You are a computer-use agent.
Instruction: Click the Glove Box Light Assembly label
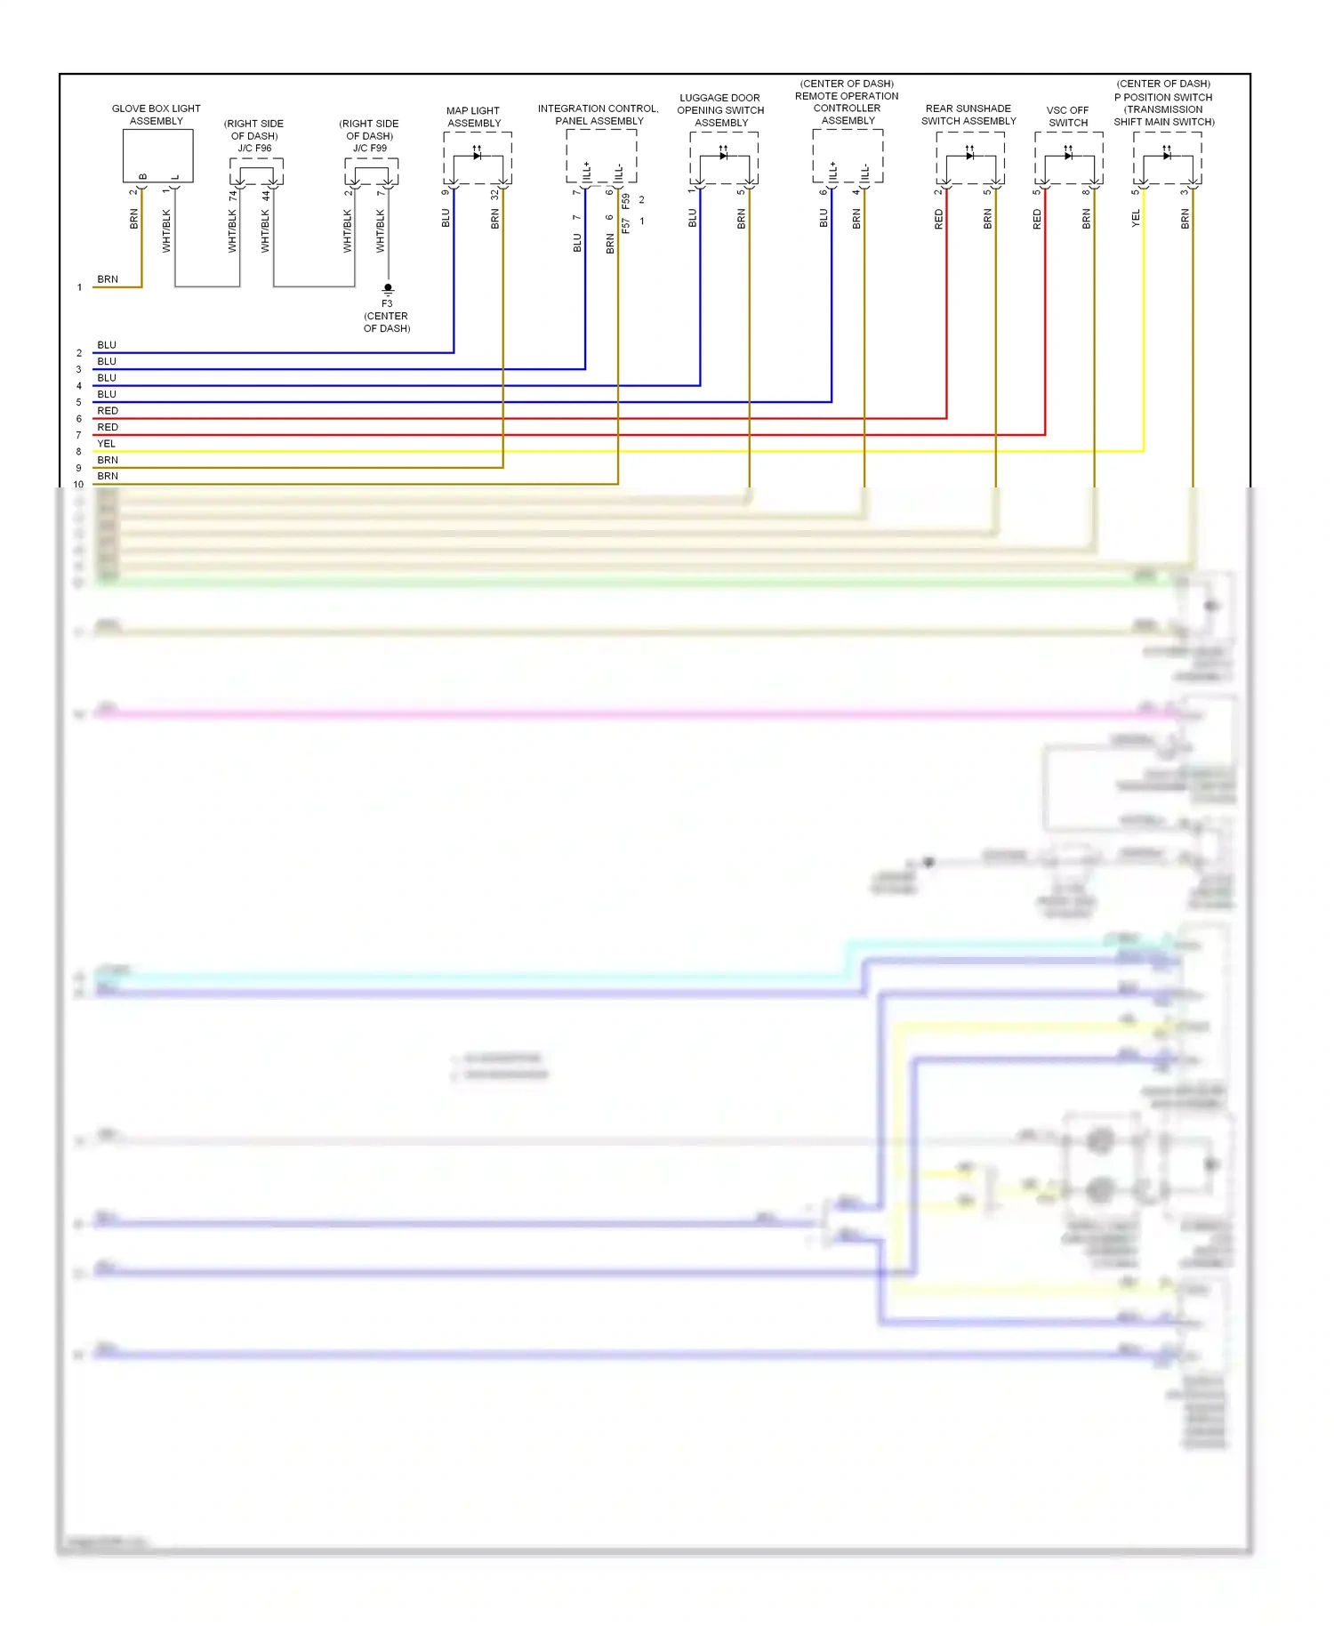[x=156, y=115]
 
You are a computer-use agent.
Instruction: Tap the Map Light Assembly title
[x=473, y=117]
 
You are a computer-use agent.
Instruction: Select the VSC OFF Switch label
[x=1067, y=117]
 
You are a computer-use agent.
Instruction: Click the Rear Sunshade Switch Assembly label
[x=968, y=115]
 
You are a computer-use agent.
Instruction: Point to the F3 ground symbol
[x=388, y=289]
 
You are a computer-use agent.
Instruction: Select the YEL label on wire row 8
[x=107, y=443]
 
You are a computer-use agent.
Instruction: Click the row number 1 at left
[x=79, y=287]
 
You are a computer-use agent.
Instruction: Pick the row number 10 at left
[x=79, y=485]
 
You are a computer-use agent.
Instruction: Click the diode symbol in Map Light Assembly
[x=477, y=156]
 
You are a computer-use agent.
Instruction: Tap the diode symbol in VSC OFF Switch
[x=1068, y=156]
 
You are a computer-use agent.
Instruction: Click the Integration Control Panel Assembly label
[x=599, y=115]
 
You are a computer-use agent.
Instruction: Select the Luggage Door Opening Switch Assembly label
[x=720, y=110]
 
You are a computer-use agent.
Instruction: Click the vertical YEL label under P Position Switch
[x=1136, y=219]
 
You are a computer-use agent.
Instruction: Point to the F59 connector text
[x=626, y=201]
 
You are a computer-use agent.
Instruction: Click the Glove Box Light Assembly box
[x=157, y=156]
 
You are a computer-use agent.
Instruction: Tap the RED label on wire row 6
[x=108, y=411]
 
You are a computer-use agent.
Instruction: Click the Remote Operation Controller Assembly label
[x=847, y=102]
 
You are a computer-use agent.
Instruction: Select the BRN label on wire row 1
[x=108, y=279]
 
